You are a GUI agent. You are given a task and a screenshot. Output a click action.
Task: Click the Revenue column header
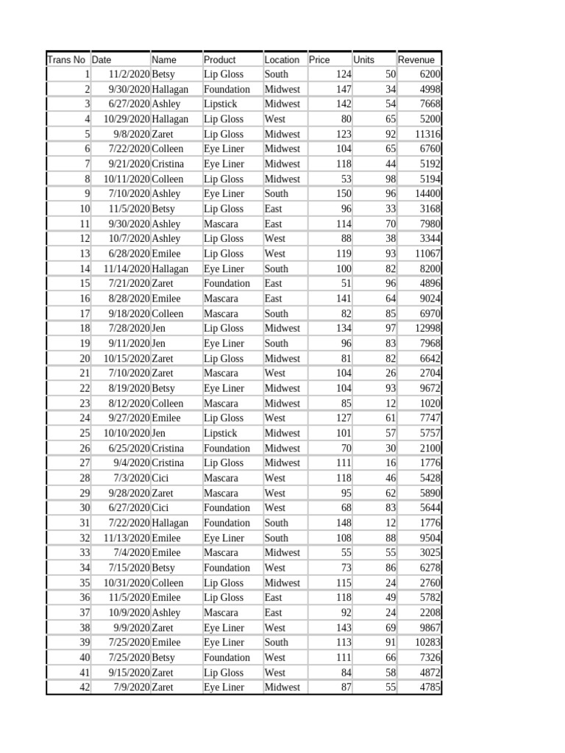(x=416, y=60)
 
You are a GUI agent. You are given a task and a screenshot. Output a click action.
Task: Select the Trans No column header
(x=66, y=60)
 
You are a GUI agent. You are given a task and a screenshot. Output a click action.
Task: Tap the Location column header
(x=282, y=60)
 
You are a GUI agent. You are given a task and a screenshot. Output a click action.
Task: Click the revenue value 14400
(x=427, y=193)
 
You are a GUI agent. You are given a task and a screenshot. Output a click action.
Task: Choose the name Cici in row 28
(x=161, y=478)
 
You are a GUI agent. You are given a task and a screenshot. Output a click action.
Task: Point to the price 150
(x=343, y=193)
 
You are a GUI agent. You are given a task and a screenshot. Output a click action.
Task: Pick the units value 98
(x=389, y=179)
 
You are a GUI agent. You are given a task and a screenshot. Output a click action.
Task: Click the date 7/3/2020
(x=132, y=478)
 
